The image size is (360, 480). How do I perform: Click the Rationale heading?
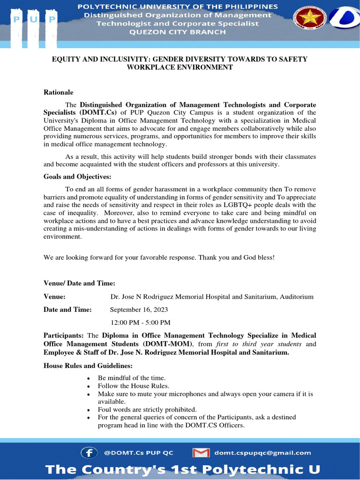tap(58, 92)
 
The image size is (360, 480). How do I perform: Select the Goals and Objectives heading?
tap(78, 177)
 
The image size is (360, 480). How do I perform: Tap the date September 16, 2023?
tap(139, 309)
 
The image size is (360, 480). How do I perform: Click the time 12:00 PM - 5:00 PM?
tap(140, 322)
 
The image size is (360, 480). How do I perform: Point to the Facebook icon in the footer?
tap(89, 452)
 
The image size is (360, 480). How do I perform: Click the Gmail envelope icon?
tap(201, 452)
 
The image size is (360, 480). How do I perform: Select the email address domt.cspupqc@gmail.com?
tap(262, 452)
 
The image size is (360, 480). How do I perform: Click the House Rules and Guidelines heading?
tap(88, 365)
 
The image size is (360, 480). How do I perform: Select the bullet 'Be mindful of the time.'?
tap(132, 377)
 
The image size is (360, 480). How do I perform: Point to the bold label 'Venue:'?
tap(54, 297)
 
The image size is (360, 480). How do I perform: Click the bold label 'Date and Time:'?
tap(68, 309)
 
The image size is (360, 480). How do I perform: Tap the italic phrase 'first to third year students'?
tap(259, 344)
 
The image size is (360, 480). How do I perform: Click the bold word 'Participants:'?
tap(64, 336)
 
